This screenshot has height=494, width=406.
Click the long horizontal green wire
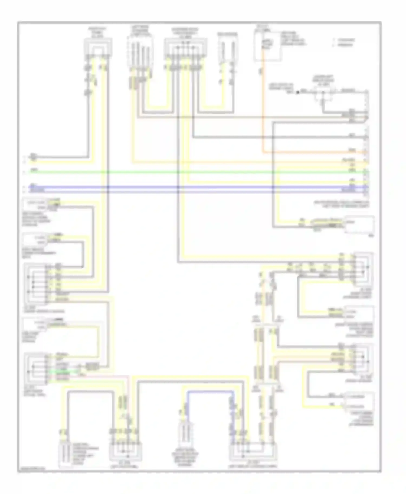pyautogui.click(x=189, y=172)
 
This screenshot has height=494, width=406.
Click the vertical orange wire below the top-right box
pyautogui.click(x=262, y=108)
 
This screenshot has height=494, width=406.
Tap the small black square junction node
pyautogui.click(x=297, y=92)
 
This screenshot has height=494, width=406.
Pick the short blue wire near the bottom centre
pyautogui.click(x=210, y=392)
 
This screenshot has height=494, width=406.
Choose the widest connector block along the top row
pyautogui.click(x=186, y=49)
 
